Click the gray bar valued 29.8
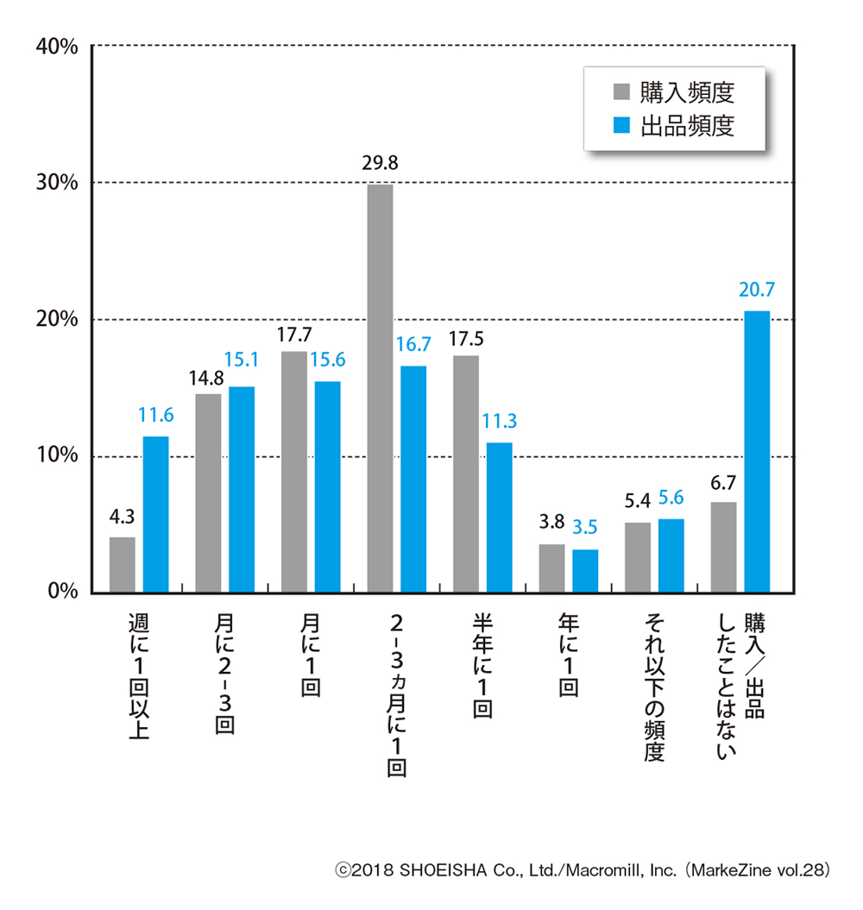380,388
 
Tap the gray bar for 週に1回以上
123,565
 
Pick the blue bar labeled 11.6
155,515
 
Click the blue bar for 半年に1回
500,518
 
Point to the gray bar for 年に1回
552,568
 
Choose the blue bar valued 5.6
671,555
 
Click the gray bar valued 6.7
723,547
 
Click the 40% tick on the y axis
57,47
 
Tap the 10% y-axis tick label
57,456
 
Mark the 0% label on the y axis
63,593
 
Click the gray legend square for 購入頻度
620,92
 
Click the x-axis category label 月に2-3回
224,672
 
